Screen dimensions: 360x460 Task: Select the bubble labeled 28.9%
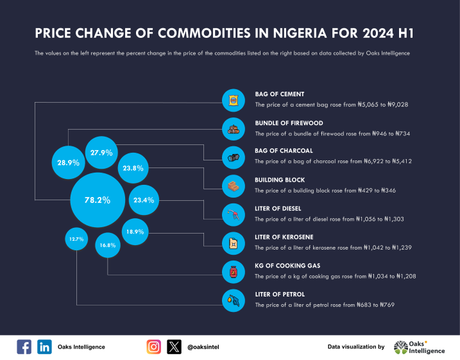68,163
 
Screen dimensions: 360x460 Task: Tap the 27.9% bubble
101,153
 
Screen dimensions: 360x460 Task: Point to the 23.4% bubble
144,200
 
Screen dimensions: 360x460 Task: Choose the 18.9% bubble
135,231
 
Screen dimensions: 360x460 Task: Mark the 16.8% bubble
107,245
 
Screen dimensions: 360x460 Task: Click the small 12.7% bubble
76,239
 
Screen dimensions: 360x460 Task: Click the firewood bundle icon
234,128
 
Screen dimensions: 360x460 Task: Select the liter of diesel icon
234,214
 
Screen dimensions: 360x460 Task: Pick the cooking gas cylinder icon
234,271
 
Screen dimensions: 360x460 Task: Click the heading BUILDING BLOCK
280,180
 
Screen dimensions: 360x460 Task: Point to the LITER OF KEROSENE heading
284,237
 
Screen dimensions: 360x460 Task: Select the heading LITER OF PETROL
280,294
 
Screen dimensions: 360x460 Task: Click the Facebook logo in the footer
24,347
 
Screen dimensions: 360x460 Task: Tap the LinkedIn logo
45,347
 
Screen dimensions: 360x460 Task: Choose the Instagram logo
154,347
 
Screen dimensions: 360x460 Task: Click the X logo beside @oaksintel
175,347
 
